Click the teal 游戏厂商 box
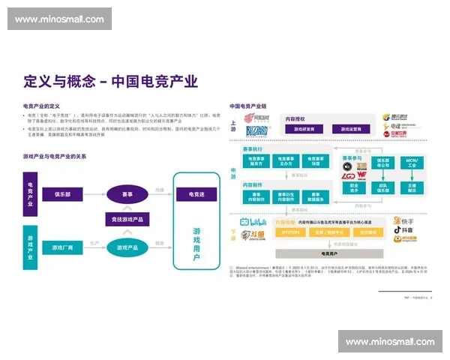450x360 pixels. click(x=66, y=247)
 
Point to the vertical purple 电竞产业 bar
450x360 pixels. click(x=30, y=193)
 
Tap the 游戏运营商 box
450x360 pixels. click(x=347, y=129)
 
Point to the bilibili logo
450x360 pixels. click(x=254, y=223)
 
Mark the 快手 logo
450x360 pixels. click(x=406, y=222)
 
